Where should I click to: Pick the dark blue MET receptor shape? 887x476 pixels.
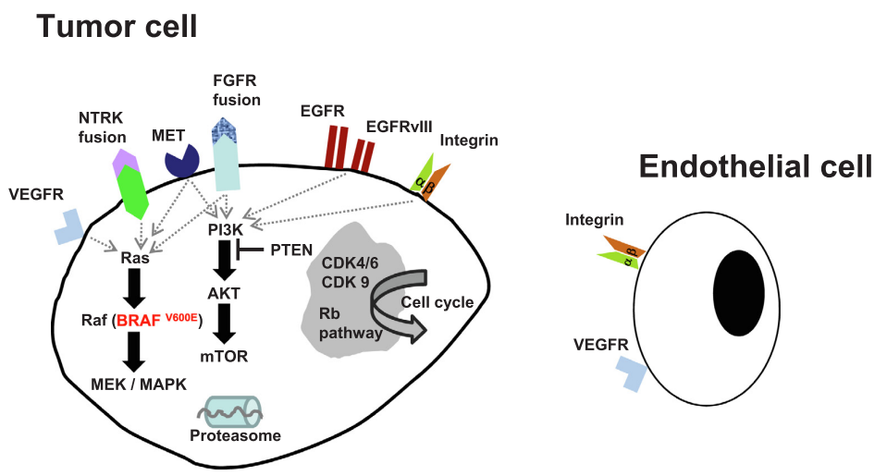[182, 160]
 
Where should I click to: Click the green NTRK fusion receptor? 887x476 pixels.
[135, 194]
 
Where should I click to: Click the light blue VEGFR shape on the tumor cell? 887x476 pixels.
[68, 226]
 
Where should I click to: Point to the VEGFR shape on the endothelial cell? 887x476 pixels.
[633, 373]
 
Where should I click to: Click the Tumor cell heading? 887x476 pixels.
[117, 26]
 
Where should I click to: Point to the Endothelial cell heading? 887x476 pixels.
[756, 166]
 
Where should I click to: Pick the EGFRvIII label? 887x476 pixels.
[400, 126]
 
